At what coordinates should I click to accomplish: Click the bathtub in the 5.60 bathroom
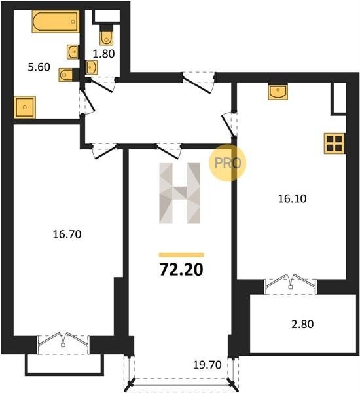[56, 22]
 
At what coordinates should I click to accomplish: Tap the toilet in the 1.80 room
[107, 35]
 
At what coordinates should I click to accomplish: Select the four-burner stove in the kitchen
[334, 143]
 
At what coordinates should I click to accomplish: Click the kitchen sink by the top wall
[278, 91]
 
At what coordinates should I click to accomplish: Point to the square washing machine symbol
[25, 107]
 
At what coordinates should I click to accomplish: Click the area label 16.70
[67, 234]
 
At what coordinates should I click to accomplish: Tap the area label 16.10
[292, 198]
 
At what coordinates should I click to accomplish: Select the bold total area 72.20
[181, 270]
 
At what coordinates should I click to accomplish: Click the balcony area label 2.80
[302, 324]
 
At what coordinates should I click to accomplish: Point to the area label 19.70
[207, 365]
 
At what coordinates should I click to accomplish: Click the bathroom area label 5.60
[39, 67]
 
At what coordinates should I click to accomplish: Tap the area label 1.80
[103, 54]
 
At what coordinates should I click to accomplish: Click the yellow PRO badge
[228, 163]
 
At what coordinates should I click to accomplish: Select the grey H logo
[180, 193]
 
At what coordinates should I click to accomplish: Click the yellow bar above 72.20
[181, 255]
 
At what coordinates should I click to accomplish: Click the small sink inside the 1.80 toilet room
[91, 67]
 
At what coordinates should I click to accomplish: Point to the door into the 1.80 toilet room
[101, 84]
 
